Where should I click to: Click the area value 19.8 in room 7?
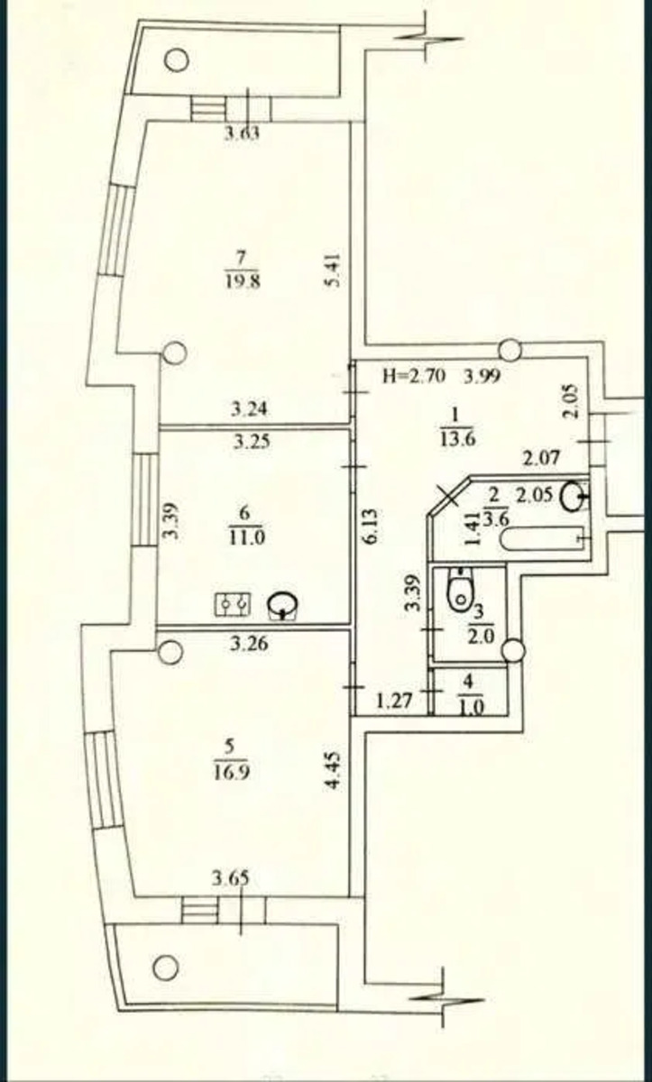[x=243, y=280]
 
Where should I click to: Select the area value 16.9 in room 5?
[x=230, y=772]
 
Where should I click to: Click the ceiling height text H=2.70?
[x=413, y=375]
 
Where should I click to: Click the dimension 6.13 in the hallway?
[x=372, y=526]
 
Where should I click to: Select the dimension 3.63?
[x=242, y=133]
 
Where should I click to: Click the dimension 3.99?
[x=482, y=375]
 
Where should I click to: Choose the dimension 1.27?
[x=394, y=700]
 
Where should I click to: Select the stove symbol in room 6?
[x=233, y=604]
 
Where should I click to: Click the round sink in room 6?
[x=283, y=605]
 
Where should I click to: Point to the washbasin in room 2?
[x=574, y=496]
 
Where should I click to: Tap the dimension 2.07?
[x=541, y=457]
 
